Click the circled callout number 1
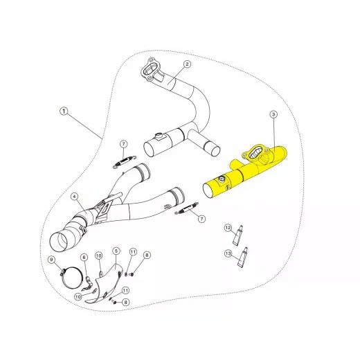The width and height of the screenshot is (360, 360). pyautogui.click(x=63, y=111)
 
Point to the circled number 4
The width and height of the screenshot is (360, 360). pyautogui.click(x=75, y=198)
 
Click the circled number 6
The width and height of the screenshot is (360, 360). pyautogui.click(x=84, y=258)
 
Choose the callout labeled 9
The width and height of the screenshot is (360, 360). pyautogui.click(x=51, y=260)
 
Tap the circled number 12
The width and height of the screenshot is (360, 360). pyautogui.click(x=226, y=228)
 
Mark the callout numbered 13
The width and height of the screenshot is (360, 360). pyautogui.click(x=228, y=253)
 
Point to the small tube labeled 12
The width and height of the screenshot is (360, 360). pyautogui.click(x=240, y=236)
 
